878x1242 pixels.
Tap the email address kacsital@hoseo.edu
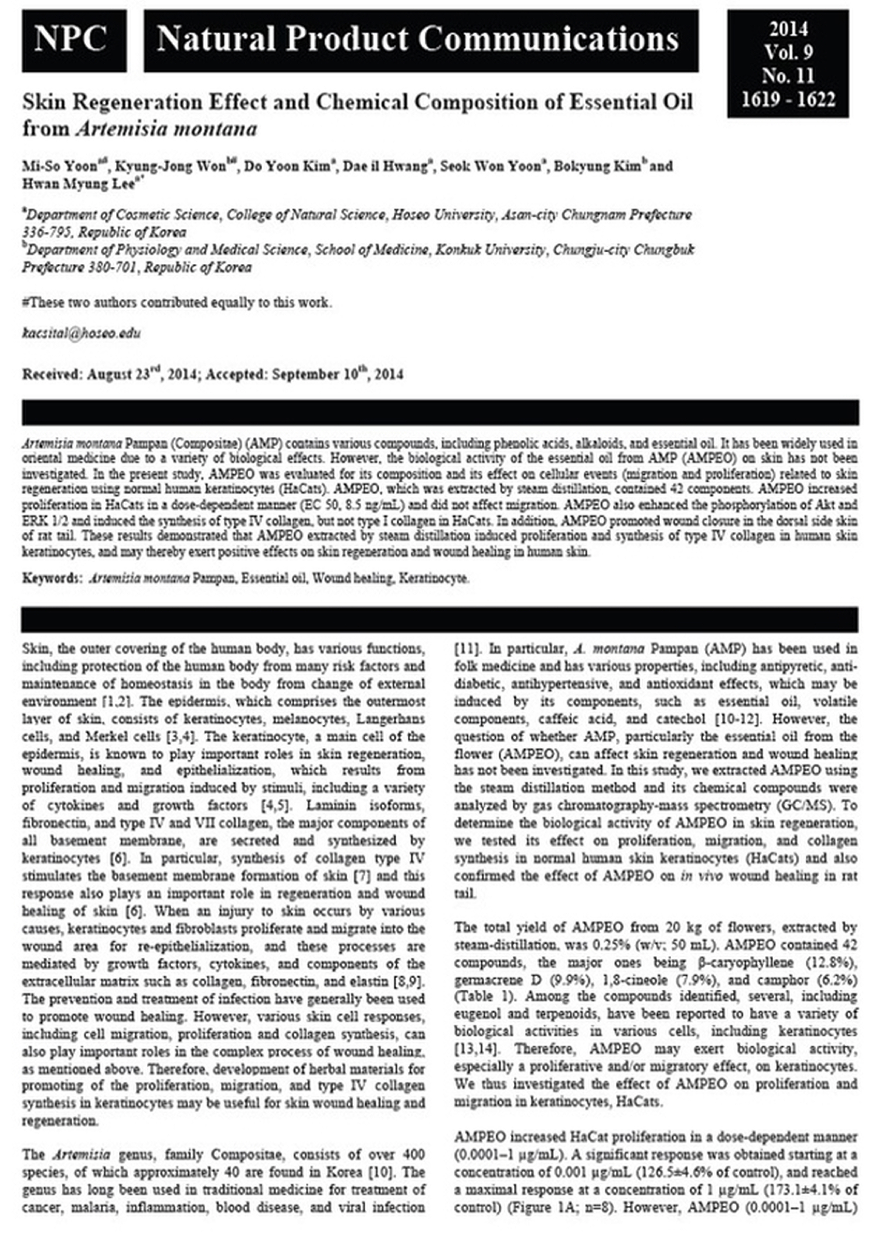pos(81,333)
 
